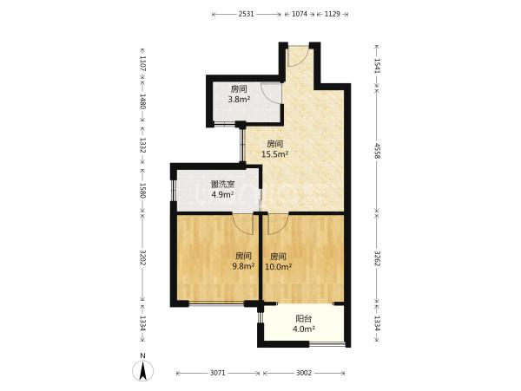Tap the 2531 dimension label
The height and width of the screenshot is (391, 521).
pos(247,14)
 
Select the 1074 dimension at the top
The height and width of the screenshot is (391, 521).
pos(299,14)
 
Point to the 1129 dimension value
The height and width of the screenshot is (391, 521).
pos(332,14)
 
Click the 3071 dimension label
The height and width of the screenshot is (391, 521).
pos(218,373)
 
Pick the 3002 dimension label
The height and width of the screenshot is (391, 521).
pos(304,373)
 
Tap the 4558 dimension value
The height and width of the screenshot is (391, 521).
pos(377,151)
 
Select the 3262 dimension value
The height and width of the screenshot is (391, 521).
pos(377,258)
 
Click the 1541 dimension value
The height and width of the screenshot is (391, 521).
pos(377,67)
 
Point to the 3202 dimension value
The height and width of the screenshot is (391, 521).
pos(142,257)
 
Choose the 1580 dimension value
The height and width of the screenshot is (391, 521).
pos(142,191)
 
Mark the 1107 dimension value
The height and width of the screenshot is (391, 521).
pos(142,64)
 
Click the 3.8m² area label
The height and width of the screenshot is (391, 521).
pos(239,99)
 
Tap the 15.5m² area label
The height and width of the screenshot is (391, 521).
pos(274,153)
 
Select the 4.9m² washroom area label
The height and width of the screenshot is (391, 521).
pos(222,194)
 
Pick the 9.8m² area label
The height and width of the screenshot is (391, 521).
pos(243,265)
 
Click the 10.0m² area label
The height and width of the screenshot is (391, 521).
pos(278,266)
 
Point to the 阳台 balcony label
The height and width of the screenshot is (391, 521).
pos(304,319)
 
